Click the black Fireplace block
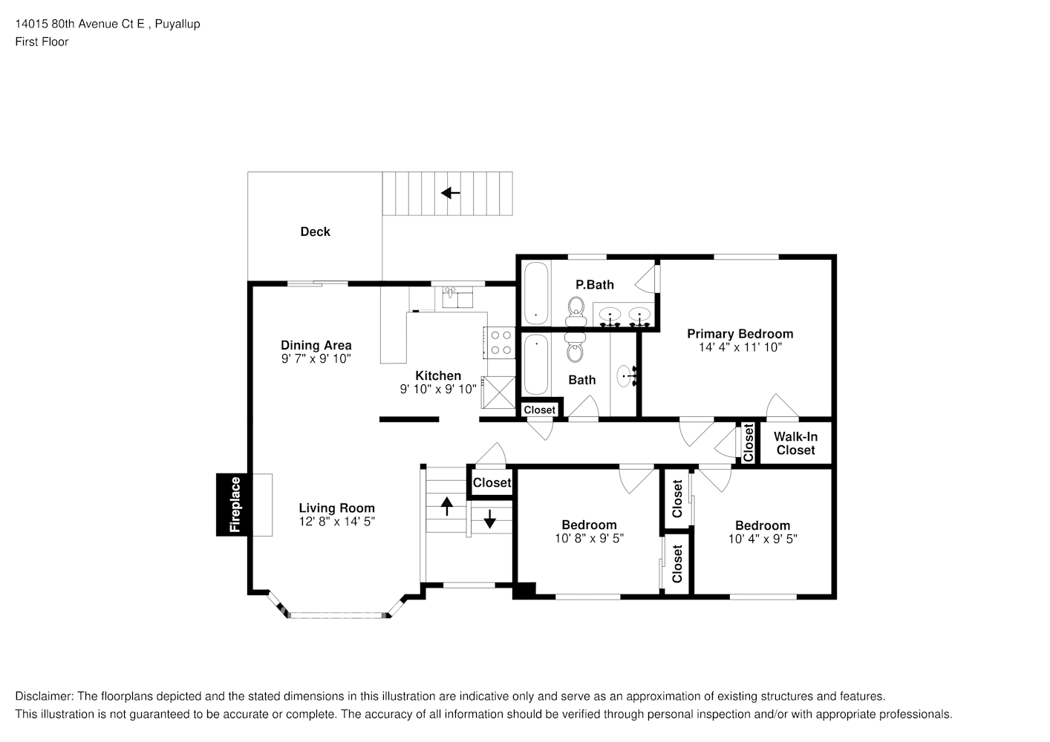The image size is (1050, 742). [x=234, y=505]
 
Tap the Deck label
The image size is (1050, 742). [x=315, y=232]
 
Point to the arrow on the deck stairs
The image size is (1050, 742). [x=451, y=193]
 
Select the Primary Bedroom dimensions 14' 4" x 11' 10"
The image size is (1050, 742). [x=740, y=347]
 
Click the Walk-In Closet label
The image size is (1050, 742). [x=795, y=443]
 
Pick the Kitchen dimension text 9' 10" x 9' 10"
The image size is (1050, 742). [x=438, y=390]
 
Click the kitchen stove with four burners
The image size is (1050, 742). [x=500, y=342]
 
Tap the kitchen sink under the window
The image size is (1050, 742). [x=457, y=298]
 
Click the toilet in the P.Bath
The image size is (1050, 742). [x=576, y=312]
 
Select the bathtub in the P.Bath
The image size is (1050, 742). [x=536, y=293]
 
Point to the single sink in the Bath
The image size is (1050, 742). [x=625, y=376]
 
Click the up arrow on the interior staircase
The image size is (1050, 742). [x=447, y=506]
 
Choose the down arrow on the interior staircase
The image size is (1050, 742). [x=490, y=519]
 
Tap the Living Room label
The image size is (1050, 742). [x=336, y=508]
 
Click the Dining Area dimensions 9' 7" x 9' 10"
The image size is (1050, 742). [x=316, y=359]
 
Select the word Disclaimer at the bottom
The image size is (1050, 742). [x=44, y=696]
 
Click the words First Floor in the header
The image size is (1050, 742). [x=42, y=42]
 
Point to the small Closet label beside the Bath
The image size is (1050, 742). [x=540, y=410]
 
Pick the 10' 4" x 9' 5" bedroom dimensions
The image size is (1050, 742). [x=763, y=539]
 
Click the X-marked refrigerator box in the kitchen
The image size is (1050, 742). [x=499, y=392]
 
